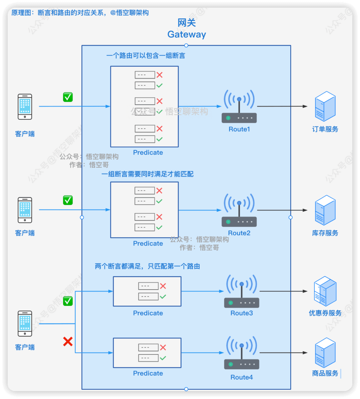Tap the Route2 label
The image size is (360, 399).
coord(239,233)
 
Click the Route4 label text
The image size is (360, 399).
coord(241,377)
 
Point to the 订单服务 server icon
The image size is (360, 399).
coord(325,106)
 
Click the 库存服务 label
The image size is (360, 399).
coord(325,233)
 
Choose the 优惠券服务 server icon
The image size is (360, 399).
coord(325,291)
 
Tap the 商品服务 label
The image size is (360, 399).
coord(325,373)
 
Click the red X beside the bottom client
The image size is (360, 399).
coord(68,341)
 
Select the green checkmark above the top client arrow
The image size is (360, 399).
coord(68,97)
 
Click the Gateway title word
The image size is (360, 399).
coord(187,34)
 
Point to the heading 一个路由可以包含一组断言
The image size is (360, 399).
coord(146,56)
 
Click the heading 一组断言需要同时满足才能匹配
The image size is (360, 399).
coord(147,174)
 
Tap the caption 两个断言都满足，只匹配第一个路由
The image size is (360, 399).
coord(147,267)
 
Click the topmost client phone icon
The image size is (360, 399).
coord(25,107)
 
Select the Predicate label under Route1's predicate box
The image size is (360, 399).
coord(148,152)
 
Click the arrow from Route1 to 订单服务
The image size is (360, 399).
coord(282,106)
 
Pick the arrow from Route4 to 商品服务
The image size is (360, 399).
coord(283,353)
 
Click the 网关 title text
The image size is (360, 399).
coord(187,23)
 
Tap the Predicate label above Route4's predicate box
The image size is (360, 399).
coord(148,313)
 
